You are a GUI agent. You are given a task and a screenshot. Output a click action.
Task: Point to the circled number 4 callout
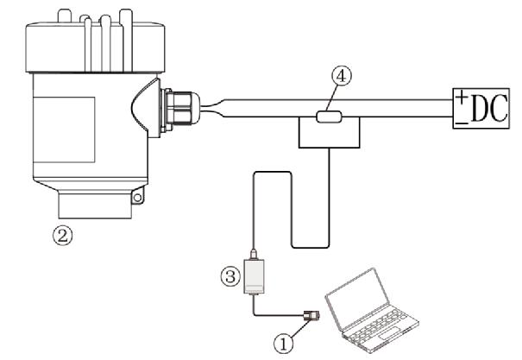[x=343, y=77]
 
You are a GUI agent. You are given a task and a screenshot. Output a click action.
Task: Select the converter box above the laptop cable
[x=257, y=278]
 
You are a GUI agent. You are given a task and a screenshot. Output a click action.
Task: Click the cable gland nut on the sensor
[x=183, y=111]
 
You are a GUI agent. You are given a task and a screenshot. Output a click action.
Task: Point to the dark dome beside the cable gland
[x=148, y=110]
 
